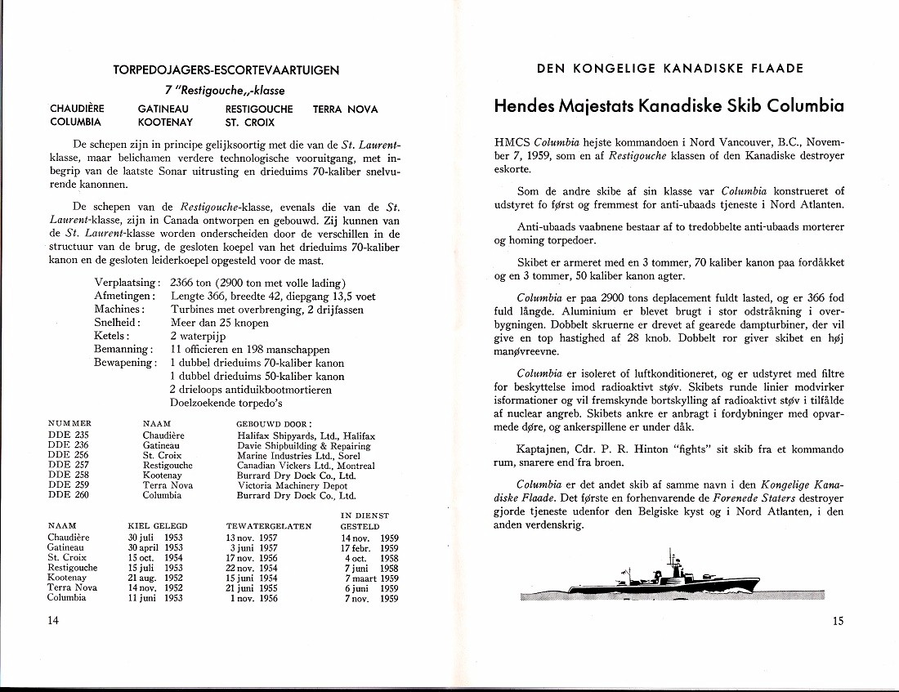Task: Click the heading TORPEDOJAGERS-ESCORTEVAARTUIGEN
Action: tap(226, 71)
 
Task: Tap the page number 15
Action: tap(838, 621)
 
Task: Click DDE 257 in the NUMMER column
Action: tap(69, 466)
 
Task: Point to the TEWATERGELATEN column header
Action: tap(268, 526)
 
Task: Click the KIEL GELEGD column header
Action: tap(158, 526)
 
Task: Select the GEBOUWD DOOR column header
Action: tap(274, 425)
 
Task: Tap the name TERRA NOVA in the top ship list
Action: tap(345, 109)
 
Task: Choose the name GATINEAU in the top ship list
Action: tap(163, 109)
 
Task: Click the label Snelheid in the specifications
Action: tap(117, 323)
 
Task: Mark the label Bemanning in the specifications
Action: tap(121, 350)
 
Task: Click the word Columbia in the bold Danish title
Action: tap(800, 106)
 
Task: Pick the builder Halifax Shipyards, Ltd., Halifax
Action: tap(300, 435)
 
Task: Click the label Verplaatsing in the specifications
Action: tap(126, 283)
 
